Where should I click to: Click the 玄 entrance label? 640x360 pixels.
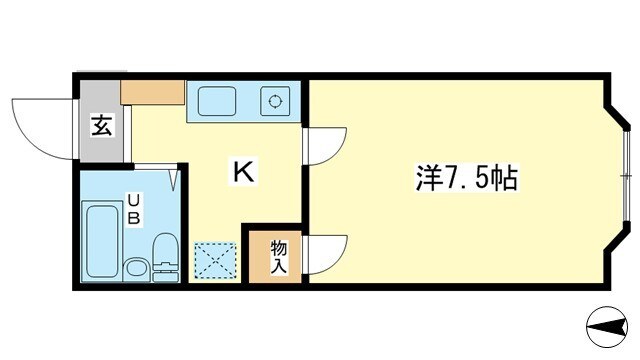click(101, 127)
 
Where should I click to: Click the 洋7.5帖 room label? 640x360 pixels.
click(466, 181)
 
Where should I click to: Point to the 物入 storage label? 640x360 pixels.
click(278, 257)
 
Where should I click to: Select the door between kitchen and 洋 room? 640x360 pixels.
click(325, 145)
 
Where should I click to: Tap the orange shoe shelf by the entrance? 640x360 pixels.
click(152, 93)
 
